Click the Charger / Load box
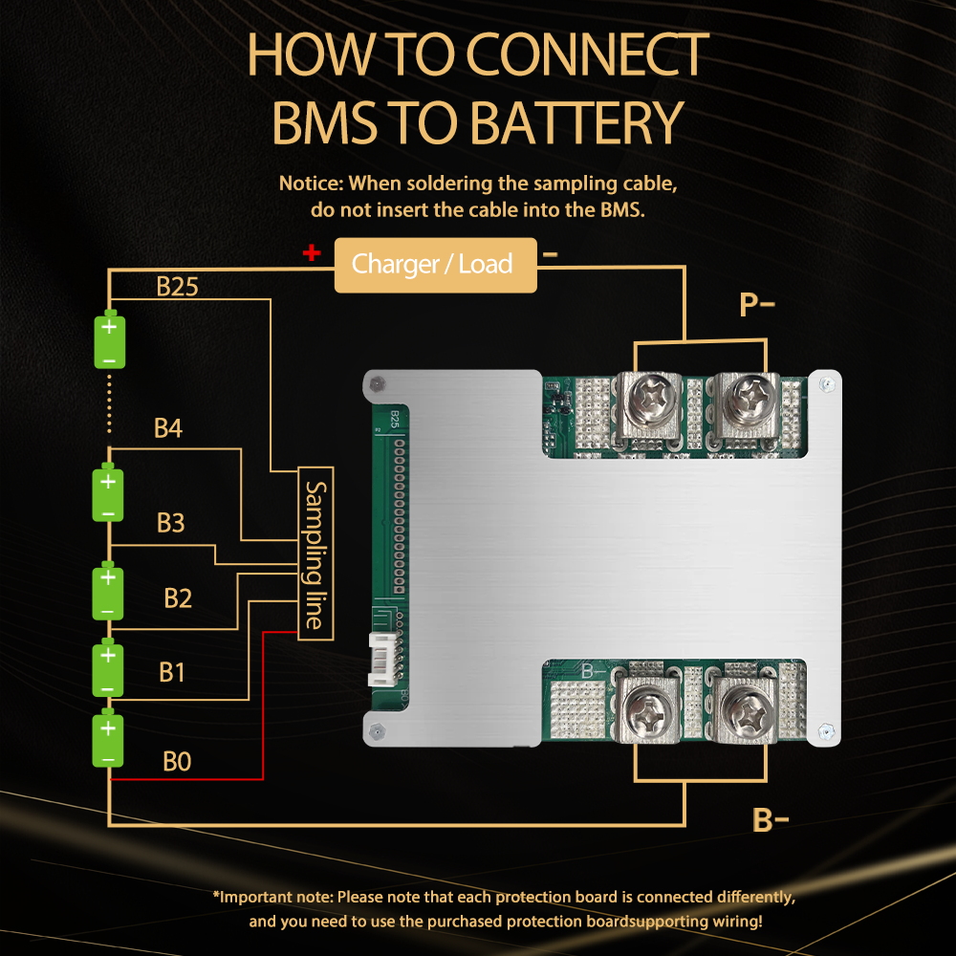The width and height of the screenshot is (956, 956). tap(435, 265)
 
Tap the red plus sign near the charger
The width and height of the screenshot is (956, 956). tap(311, 253)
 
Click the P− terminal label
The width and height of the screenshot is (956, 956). tap(756, 305)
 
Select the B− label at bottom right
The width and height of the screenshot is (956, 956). tap(770, 820)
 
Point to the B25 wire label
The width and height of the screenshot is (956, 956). tap(177, 287)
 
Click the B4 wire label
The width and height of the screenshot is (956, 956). tap(168, 428)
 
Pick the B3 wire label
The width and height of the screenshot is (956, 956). tap(170, 523)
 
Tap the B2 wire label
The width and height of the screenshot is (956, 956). tap(178, 598)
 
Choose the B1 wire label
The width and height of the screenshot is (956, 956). tap(171, 672)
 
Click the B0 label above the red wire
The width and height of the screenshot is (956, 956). tap(177, 762)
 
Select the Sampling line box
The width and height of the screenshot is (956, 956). tap(315, 554)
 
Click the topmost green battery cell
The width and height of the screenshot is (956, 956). tap(109, 340)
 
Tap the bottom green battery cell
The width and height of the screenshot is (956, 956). tap(109, 740)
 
